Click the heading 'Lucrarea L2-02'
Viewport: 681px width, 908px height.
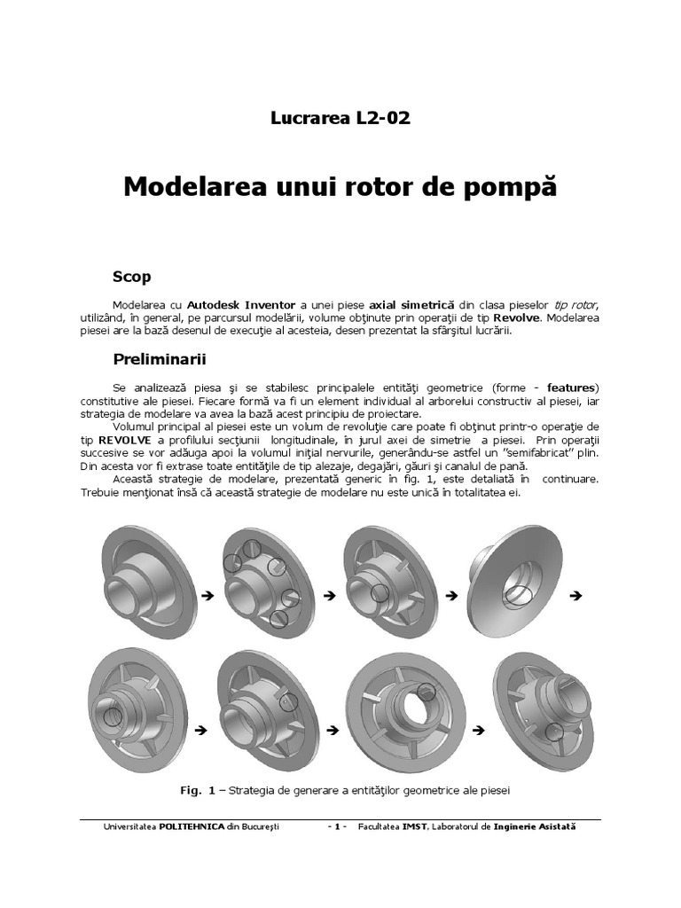[x=340, y=119]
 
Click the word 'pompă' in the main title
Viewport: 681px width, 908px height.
[x=514, y=187]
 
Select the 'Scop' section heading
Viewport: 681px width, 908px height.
[x=132, y=277]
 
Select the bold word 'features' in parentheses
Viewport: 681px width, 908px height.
[x=572, y=387]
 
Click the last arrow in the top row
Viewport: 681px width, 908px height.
[x=574, y=597]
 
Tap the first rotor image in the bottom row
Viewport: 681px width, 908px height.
[x=137, y=709]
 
